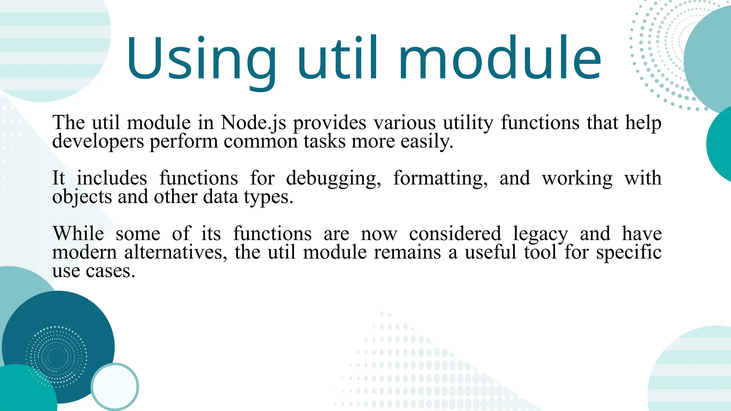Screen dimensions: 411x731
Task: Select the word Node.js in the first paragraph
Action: tap(253, 123)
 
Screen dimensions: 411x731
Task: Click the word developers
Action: tap(98, 142)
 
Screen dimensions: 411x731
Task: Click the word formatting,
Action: tap(440, 178)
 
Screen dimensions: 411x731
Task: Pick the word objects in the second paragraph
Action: tap(82, 197)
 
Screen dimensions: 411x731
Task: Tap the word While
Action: tap(78, 234)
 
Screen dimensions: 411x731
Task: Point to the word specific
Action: tap(629, 253)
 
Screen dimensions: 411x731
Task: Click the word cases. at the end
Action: tap(110, 272)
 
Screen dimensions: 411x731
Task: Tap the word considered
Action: tap(455, 234)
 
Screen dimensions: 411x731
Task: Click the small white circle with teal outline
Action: tap(115, 386)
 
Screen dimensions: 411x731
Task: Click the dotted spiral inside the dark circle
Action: tap(56, 356)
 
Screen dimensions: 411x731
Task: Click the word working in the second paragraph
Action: tap(577, 178)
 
